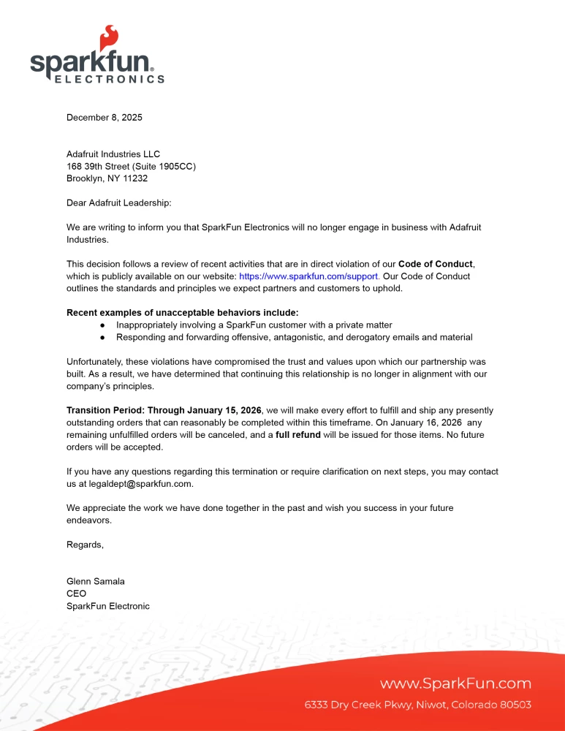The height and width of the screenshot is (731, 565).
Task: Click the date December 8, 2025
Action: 104,117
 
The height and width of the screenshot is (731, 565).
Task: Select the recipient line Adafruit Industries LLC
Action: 113,154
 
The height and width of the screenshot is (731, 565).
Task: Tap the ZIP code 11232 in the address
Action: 135,178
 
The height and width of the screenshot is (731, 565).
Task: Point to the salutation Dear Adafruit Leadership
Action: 118,202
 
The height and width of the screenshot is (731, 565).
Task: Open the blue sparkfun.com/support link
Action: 309,276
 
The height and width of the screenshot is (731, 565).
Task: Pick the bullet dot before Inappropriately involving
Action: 103,325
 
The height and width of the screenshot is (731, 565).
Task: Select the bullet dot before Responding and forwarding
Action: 103,337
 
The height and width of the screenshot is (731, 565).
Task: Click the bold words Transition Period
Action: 105,410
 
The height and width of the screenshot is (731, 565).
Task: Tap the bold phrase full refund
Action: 297,435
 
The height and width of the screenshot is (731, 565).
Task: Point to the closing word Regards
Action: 85,545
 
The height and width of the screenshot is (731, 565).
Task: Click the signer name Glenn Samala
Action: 96,581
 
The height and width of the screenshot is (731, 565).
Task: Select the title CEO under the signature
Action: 76,594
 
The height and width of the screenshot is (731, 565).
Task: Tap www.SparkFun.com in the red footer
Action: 455,683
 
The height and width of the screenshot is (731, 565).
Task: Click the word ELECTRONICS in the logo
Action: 110,79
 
